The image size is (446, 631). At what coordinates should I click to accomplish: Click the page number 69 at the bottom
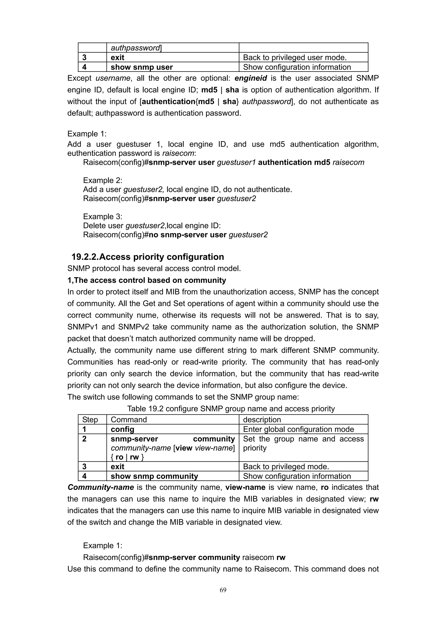click(x=223, y=590)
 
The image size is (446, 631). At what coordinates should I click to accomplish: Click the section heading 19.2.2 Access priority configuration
click(x=148, y=257)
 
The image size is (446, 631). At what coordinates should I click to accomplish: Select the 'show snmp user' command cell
click(x=142, y=67)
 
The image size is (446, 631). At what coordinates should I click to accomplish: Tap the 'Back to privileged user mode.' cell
click(x=295, y=57)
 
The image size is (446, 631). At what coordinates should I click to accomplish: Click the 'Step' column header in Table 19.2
click(x=90, y=420)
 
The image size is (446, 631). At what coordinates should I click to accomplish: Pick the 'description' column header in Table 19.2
click(x=262, y=420)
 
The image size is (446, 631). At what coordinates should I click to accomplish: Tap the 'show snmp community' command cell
click(x=154, y=476)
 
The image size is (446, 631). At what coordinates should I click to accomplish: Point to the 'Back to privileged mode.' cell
click(x=286, y=467)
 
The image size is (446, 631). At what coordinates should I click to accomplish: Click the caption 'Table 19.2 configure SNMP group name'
click(x=231, y=409)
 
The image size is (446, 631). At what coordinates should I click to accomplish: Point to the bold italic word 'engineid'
click(x=251, y=78)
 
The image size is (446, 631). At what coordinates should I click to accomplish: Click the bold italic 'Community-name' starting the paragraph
click(x=101, y=487)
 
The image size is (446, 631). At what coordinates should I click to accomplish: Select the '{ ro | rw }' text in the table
click(x=127, y=457)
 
